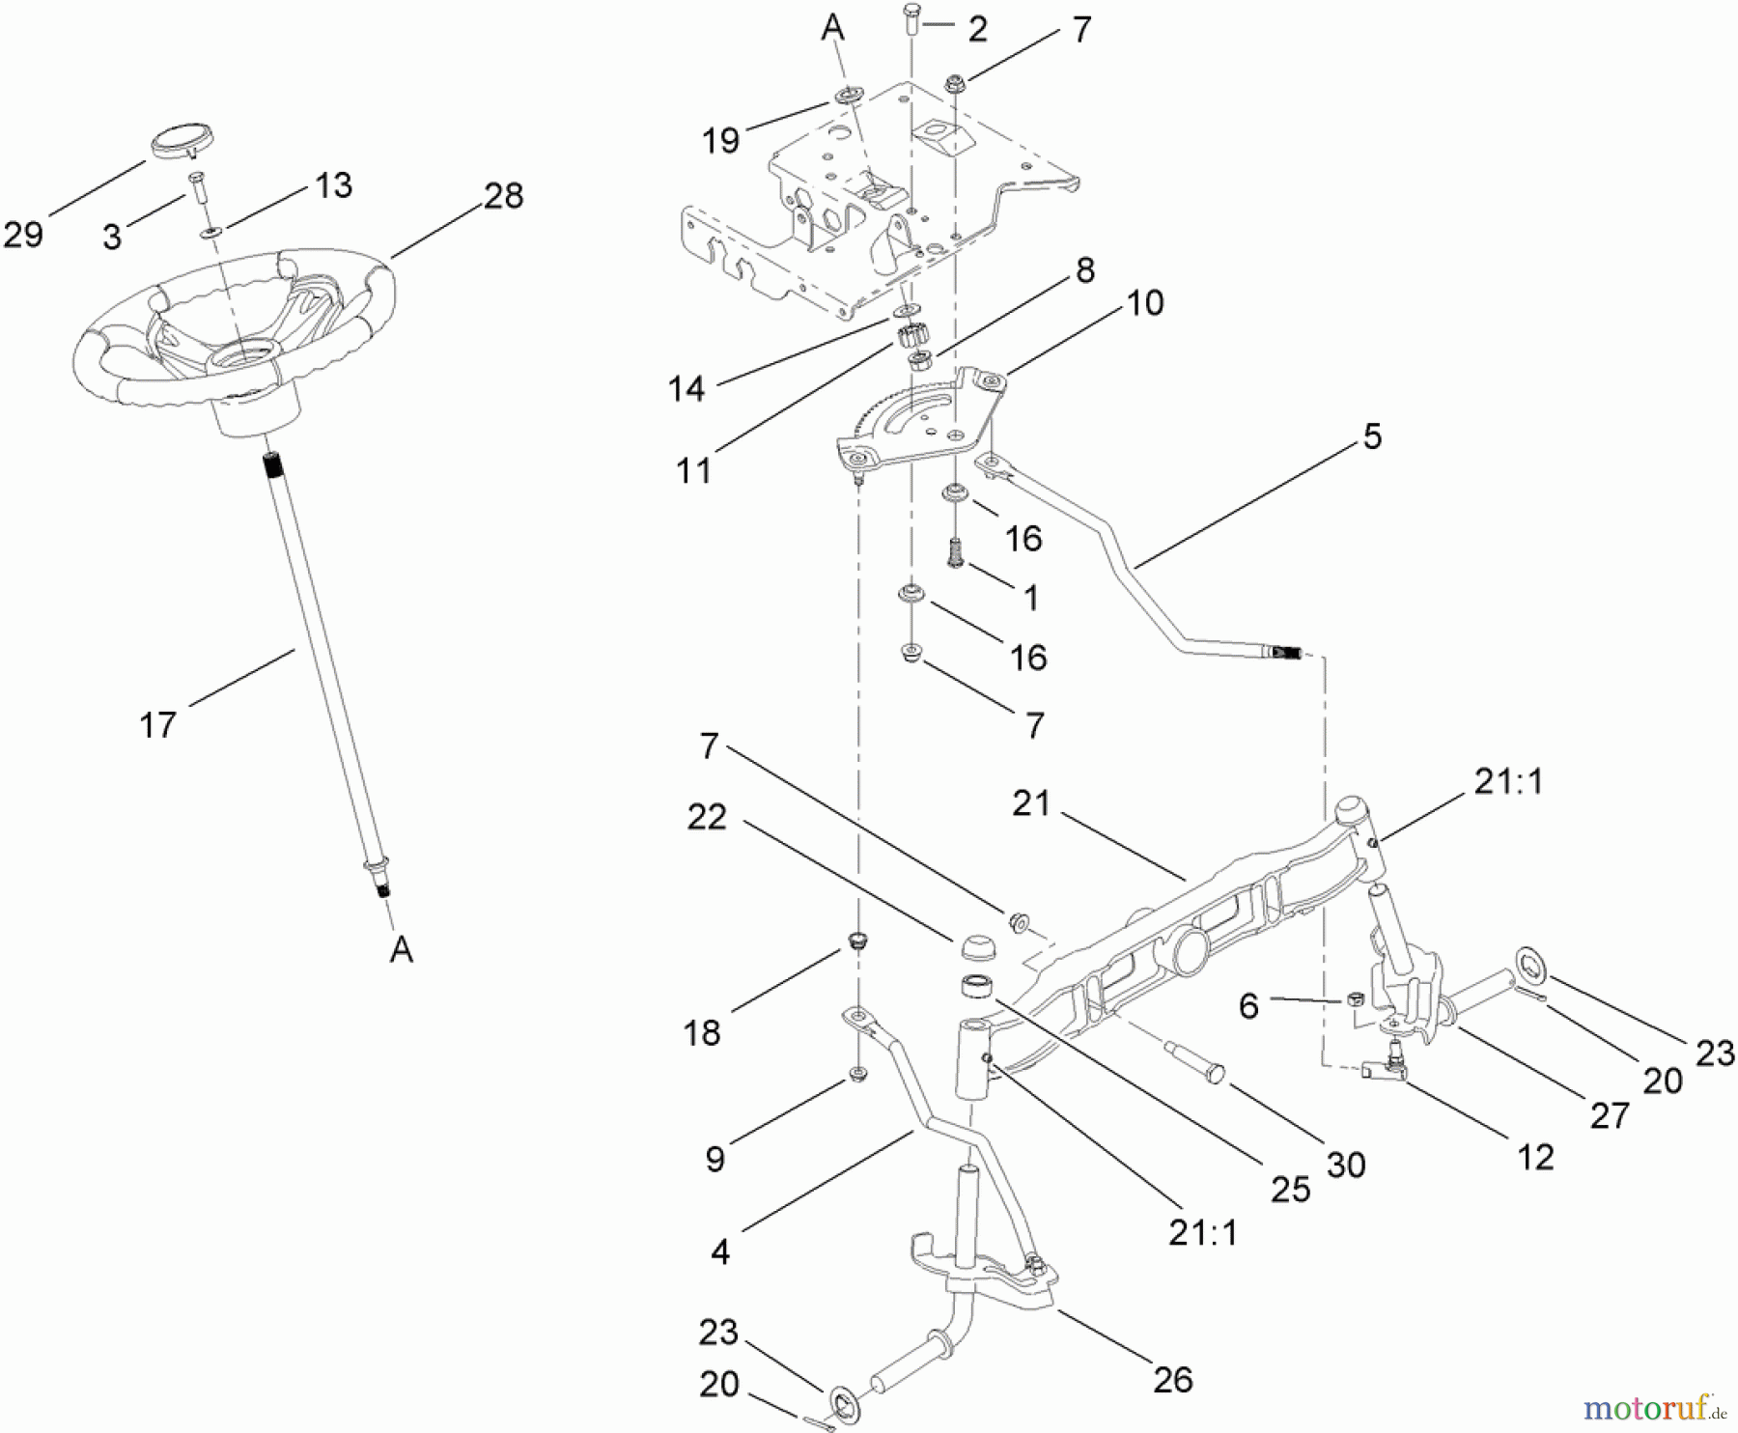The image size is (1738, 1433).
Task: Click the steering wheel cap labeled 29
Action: click(x=181, y=139)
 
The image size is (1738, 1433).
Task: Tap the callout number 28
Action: click(x=503, y=196)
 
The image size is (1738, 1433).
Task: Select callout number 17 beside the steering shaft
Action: click(x=157, y=724)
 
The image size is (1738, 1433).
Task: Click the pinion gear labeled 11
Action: click(x=911, y=337)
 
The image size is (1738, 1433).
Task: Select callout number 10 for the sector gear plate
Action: click(x=1145, y=303)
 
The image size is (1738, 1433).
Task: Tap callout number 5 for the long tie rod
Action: click(x=1372, y=436)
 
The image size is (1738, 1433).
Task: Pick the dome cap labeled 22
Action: click(x=975, y=944)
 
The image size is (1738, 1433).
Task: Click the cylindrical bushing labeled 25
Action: click(x=976, y=989)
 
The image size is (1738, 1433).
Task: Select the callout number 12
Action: click(x=1535, y=1156)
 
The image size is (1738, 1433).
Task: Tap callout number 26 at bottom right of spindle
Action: click(x=1172, y=1379)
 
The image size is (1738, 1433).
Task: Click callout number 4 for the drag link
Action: click(x=720, y=1251)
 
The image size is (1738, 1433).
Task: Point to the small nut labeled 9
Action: click(x=855, y=1074)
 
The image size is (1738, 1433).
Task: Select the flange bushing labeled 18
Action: click(x=855, y=941)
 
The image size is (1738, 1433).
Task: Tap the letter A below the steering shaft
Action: click(x=402, y=950)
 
